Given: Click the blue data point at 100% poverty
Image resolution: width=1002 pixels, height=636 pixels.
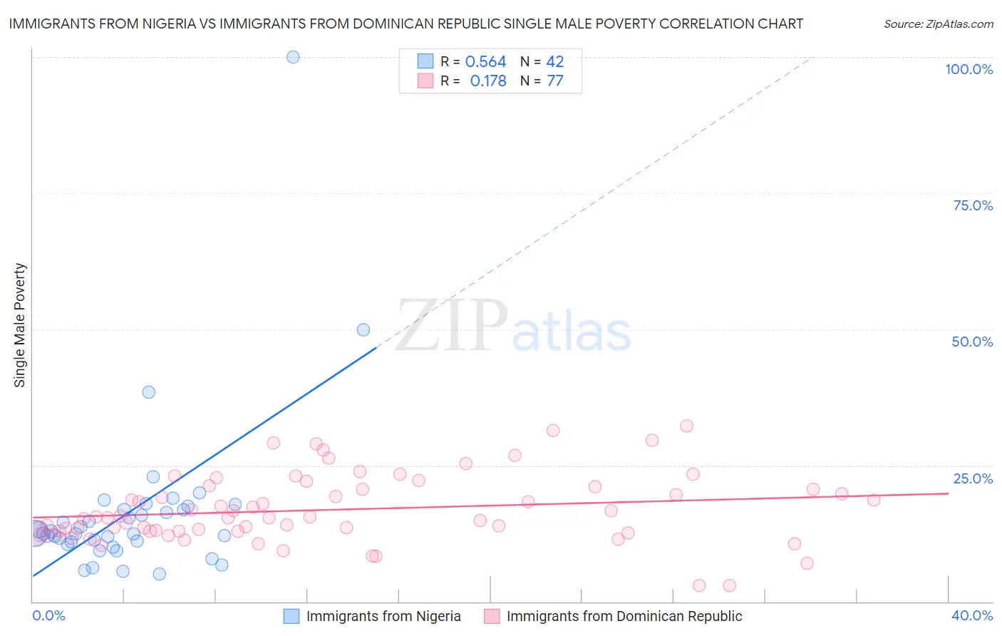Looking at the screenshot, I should click(x=293, y=57).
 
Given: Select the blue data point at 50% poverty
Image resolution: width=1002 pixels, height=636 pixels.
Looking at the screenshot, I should click(x=363, y=329).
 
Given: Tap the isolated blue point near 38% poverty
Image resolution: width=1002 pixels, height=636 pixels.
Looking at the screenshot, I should click(x=149, y=392).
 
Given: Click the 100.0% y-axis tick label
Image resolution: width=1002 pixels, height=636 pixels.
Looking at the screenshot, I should click(x=969, y=69).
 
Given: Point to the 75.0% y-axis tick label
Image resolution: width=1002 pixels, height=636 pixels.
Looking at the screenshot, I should click(x=973, y=205).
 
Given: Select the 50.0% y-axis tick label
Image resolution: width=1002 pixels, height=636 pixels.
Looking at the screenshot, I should click(x=972, y=342).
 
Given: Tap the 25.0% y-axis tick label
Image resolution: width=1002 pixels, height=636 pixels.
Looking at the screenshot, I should click(x=973, y=478).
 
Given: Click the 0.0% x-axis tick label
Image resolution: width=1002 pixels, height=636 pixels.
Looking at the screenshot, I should click(x=48, y=615).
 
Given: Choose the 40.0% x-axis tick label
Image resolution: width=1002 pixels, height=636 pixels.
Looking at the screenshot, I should click(x=972, y=615).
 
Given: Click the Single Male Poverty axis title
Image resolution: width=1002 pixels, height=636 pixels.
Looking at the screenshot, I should click(x=20, y=325).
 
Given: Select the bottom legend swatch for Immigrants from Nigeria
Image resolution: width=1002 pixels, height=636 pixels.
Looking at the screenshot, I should click(x=291, y=616).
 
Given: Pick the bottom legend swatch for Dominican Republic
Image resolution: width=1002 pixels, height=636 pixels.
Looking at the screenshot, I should click(x=492, y=616).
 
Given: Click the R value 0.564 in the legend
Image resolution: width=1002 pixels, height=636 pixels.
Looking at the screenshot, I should click(x=485, y=62).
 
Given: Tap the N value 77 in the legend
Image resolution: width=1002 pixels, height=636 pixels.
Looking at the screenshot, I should click(x=555, y=81).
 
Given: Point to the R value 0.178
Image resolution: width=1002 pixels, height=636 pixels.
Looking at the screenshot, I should click(x=488, y=81).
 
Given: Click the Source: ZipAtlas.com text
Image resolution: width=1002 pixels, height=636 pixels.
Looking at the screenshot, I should click(x=938, y=24).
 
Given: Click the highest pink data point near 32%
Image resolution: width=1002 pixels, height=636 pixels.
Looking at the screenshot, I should click(x=687, y=426).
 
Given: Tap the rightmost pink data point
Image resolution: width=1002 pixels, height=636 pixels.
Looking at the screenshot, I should click(x=874, y=500).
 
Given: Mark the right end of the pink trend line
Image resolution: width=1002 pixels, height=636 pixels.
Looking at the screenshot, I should click(x=948, y=493).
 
